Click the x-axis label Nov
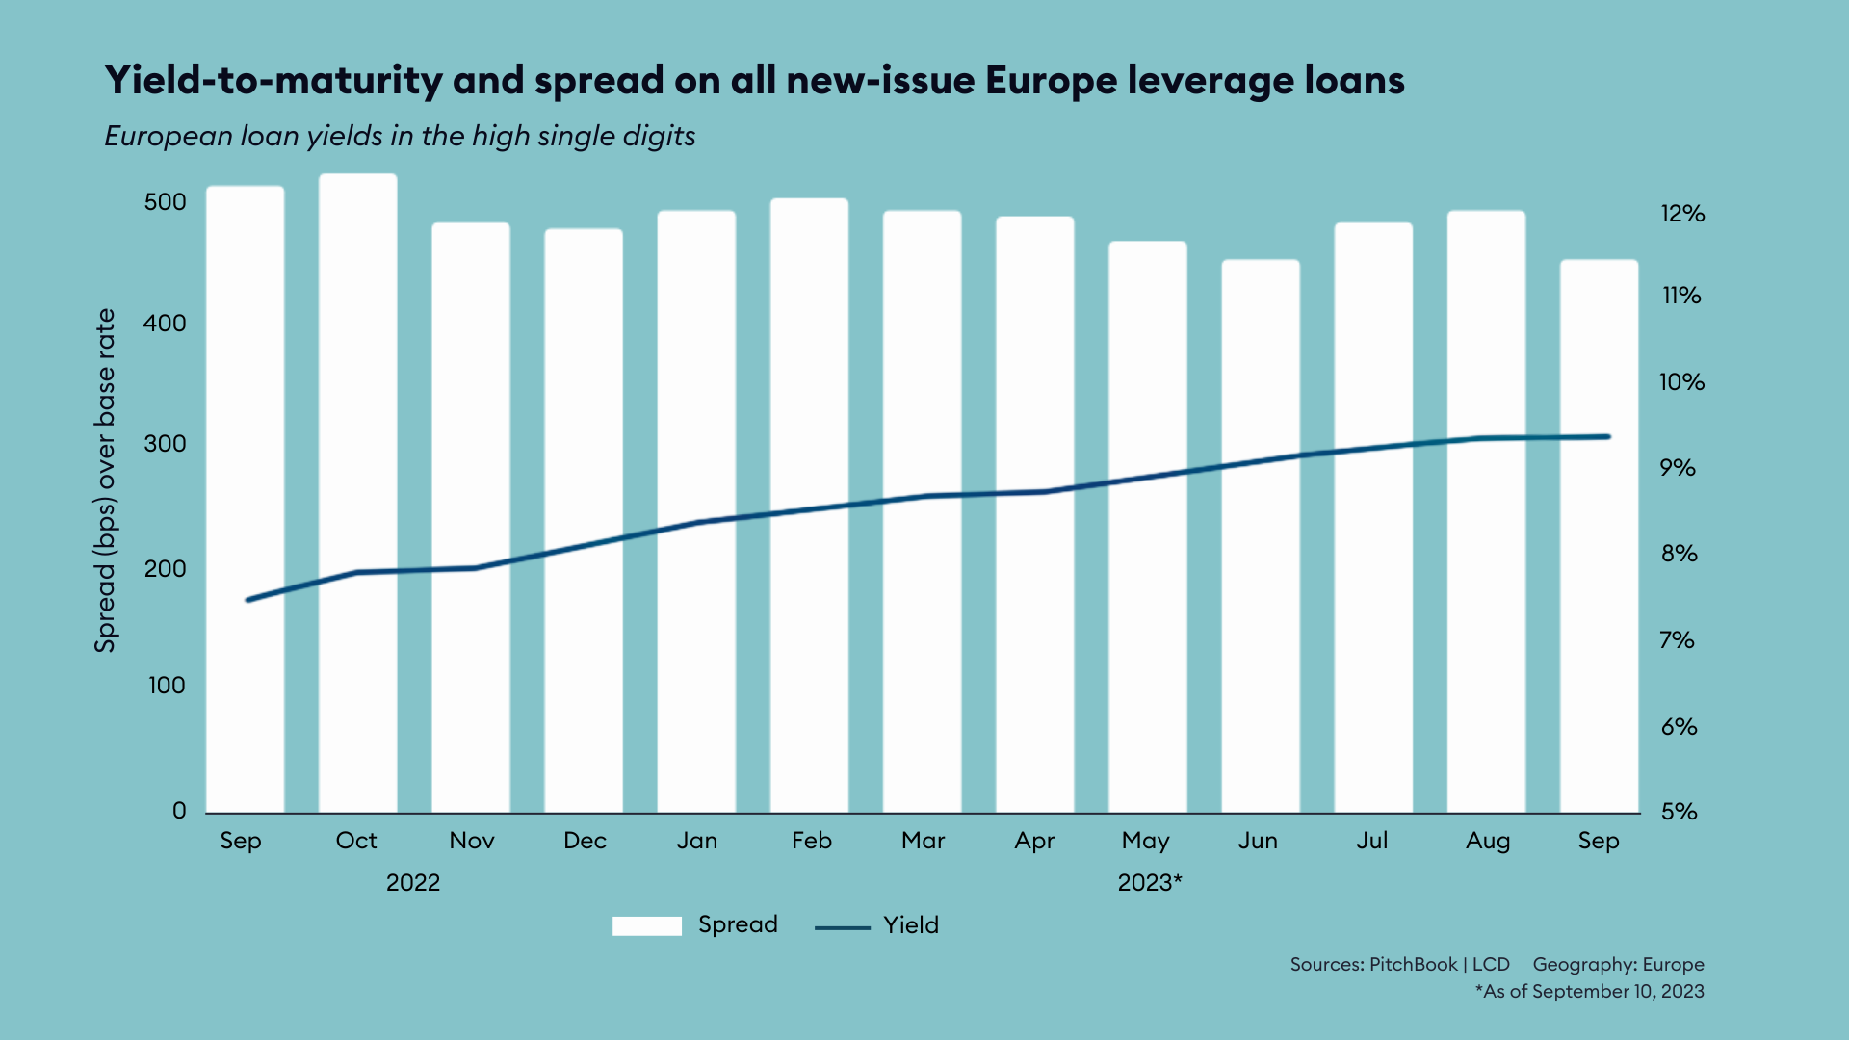472,841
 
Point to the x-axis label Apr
1034,841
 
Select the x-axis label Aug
1487,841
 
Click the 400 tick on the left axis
165,324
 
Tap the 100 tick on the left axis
167,686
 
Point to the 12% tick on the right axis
1681,214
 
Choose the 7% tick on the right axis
1677,640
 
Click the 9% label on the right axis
1677,468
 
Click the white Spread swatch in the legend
646,925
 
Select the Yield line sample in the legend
842,927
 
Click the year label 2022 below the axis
413,883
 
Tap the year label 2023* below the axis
1149,883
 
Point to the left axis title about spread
105,481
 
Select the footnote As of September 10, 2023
1589,992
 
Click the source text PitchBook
1413,965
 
